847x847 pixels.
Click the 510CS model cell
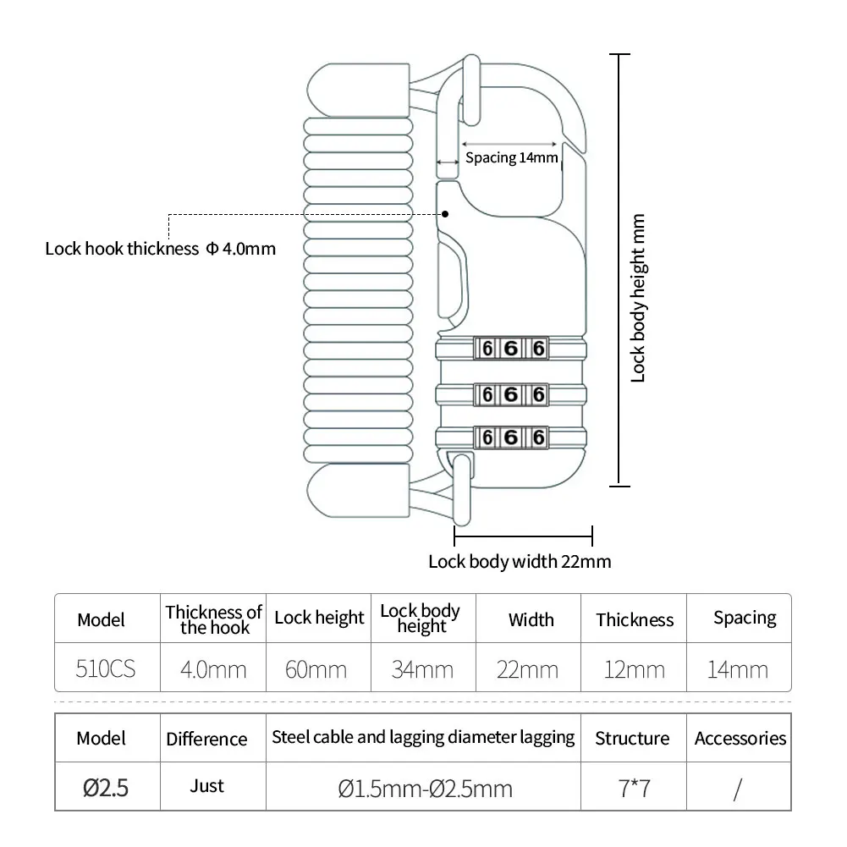click(106, 669)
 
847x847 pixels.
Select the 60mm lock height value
click(316, 670)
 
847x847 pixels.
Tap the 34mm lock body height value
click(421, 670)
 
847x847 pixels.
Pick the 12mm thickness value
click(634, 670)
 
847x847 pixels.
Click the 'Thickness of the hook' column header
click(213, 619)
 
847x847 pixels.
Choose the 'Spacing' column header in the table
click(745, 618)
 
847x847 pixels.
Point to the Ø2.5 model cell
click(106, 789)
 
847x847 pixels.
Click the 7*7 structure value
click(634, 789)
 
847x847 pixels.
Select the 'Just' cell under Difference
click(206, 786)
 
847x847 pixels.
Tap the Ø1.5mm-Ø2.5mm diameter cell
click(425, 789)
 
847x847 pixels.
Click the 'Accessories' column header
click(740, 739)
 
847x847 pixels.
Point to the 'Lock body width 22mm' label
click(520, 561)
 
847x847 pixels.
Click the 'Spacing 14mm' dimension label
click(512, 157)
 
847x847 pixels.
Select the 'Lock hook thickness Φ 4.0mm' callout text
click(161, 249)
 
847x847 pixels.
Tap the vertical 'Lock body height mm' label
click(639, 297)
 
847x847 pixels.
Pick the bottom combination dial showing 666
click(511, 437)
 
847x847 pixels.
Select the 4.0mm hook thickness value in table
click(213, 670)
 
